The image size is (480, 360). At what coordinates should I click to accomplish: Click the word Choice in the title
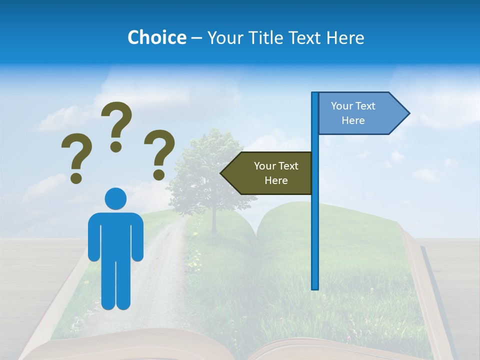pos(156,37)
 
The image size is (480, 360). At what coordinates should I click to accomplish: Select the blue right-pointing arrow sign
pos(362,113)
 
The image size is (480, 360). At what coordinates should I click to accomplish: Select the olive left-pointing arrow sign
pos(267,173)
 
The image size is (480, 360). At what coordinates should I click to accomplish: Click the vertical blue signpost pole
pos(315,225)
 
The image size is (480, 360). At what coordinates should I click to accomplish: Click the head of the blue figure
pos(115,198)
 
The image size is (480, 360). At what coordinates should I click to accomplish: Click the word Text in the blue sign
pos(365,106)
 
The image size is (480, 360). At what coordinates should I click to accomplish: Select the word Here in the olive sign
pos(276,180)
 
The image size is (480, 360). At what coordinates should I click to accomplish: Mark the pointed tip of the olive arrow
pos(221,173)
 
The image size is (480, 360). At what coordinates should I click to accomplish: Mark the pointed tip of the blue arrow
pos(408,113)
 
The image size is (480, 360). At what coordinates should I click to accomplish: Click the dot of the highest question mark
pos(116,146)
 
